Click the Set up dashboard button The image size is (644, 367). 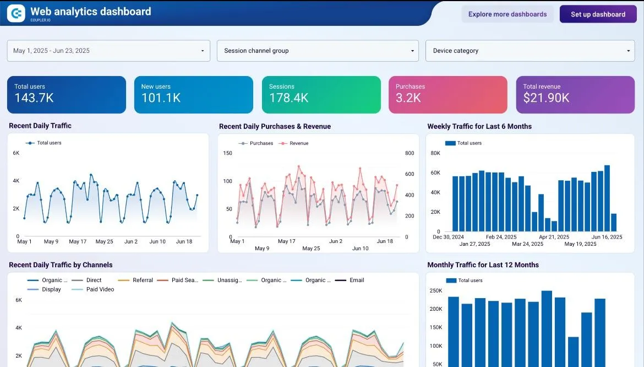(598, 14)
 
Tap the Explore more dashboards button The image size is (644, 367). (507, 14)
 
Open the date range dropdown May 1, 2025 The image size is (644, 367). (108, 51)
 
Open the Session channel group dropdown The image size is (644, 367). (318, 51)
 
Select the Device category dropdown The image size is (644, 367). (530, 51)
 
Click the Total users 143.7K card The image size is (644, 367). (66, 95)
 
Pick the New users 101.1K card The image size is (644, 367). (193, 95)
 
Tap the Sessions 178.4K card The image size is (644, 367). (321, 95)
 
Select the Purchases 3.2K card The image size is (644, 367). (447, 95)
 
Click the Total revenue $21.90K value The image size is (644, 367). (546, 99)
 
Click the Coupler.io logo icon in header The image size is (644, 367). (16, 14)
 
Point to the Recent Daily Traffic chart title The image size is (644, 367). (40, 126)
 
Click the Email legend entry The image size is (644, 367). (356, 280)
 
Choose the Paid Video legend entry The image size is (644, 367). (100, 289)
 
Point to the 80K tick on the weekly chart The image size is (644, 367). (435, 153)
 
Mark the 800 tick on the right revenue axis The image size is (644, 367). (409, 153)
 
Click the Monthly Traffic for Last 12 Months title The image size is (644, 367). (483, 265)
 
